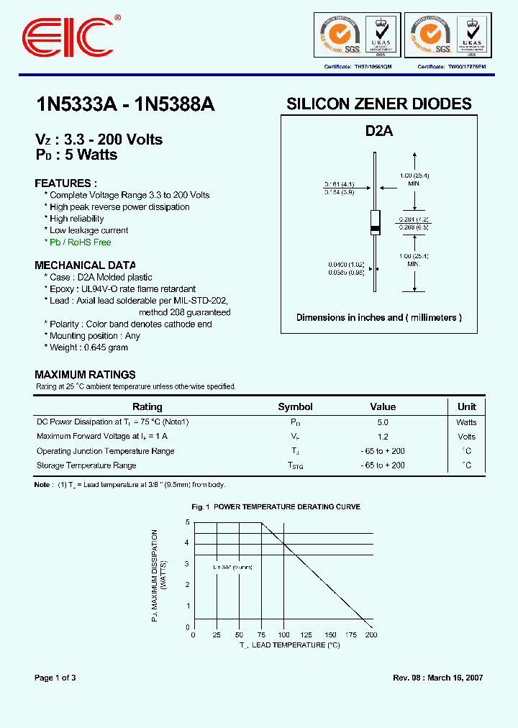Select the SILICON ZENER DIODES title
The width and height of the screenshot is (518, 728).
tap(379, 104)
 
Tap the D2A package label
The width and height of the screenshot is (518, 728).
tap(379, 132)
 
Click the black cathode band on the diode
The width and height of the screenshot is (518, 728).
tap(375, 229)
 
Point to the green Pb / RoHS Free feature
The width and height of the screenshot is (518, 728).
tap(80, 242)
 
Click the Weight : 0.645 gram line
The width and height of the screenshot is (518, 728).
tap(88, 347)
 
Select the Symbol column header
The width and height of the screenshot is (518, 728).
tap(295, 407)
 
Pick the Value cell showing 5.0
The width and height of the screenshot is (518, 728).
tap(382, 422)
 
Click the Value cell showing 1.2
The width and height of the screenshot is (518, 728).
tap(382, 437)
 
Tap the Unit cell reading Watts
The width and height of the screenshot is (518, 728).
tap(466, 422)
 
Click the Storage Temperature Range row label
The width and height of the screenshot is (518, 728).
tap(86, 465)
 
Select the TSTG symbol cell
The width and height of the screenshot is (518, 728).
tap(296, 466)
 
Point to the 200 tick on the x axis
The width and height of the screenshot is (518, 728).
tap(371, 635)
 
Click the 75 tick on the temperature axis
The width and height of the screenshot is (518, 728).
tap(261, 635)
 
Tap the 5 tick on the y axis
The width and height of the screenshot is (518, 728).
tap(187, 522)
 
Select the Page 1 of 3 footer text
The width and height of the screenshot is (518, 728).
tap(55, 678)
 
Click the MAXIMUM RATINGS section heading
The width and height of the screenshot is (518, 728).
tap(85, 375)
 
